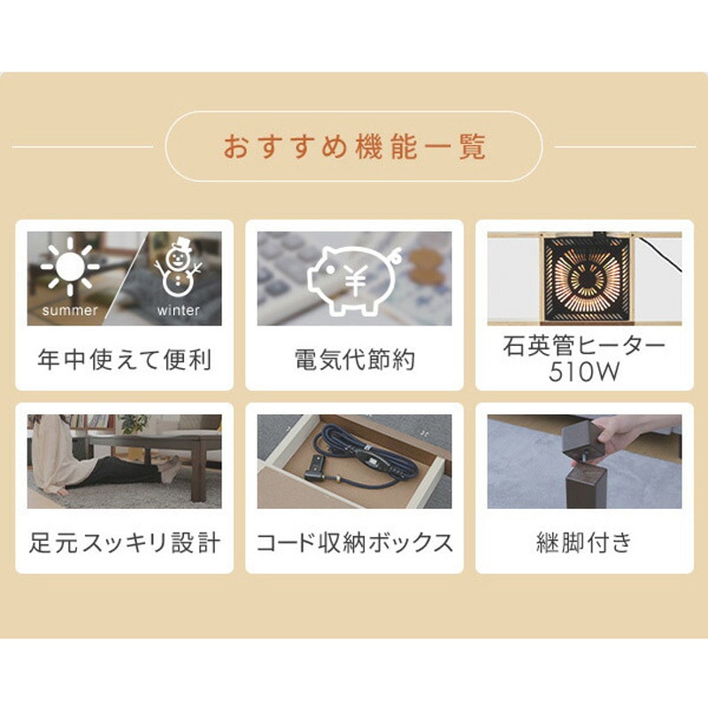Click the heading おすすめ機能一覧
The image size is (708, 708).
[354, 146]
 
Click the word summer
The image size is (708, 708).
[70, 311]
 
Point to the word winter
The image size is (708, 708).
[178, 311]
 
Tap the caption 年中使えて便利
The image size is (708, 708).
[125, 361]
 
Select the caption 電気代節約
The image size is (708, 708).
[354, 361]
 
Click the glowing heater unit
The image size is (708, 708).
[586, 276]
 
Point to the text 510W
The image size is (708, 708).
[584, 372]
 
